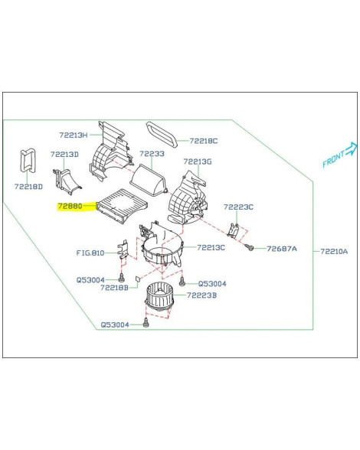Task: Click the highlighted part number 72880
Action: click(70, 206)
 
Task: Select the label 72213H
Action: click(74, 135)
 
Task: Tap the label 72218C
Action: click(204, 141)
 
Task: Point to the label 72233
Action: click(152, 154)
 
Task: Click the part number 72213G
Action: click(198, 161)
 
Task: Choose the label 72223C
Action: click(238, 207)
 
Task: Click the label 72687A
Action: click(282, 249)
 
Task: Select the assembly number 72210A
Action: click(334, 251)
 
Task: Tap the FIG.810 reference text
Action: click(90, 253)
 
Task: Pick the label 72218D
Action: click(28, 187)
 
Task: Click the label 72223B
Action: click(201, 295)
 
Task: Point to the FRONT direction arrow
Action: click(351, 149)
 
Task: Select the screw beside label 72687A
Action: click(250, 247)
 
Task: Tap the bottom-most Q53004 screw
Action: click(146, 323)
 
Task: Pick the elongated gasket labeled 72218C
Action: click(162, 135)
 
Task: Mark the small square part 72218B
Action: click(138, 278)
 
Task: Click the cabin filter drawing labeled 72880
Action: click(122, 205)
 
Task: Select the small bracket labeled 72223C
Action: click(234, 230)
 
